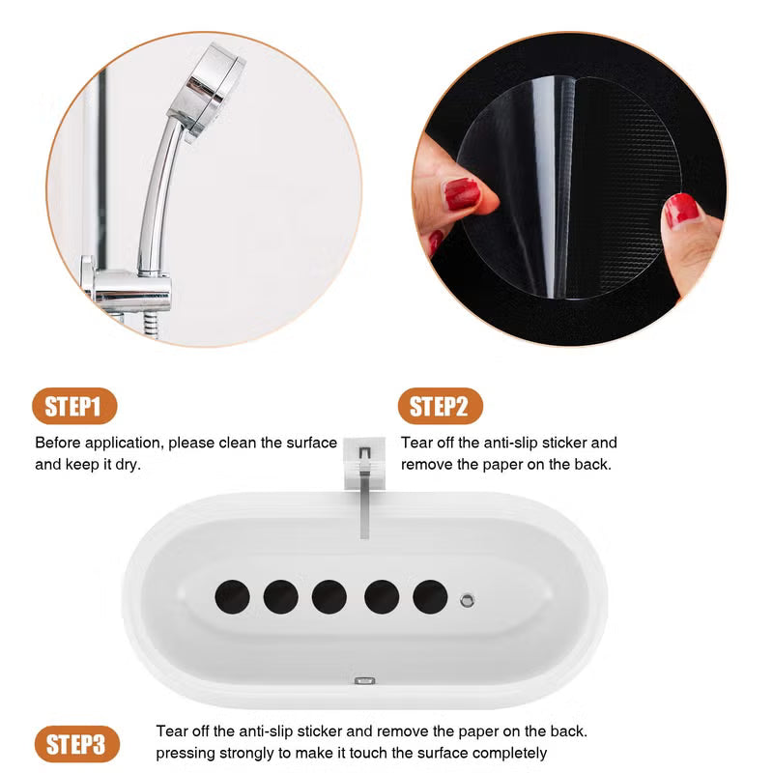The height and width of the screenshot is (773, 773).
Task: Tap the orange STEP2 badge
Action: [440, 407]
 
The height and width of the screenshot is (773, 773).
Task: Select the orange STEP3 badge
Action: [76, 744]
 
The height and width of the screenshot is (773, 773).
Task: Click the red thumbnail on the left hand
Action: [462, 194]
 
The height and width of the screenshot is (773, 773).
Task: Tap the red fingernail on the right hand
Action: [682, 210]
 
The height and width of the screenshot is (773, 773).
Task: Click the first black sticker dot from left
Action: [232, 597]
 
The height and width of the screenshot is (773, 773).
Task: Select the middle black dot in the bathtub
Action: [329, 597]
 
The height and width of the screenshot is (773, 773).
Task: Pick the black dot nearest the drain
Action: [430, 597]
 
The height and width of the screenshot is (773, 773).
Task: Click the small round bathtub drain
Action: [468, 600]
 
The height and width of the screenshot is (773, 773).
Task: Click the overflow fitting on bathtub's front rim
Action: [365, 682]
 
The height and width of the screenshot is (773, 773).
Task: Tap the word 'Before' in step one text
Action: [59, 443]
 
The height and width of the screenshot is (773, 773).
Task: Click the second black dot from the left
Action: [280, 597]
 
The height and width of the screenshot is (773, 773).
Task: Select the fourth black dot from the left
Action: [382, 597]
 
